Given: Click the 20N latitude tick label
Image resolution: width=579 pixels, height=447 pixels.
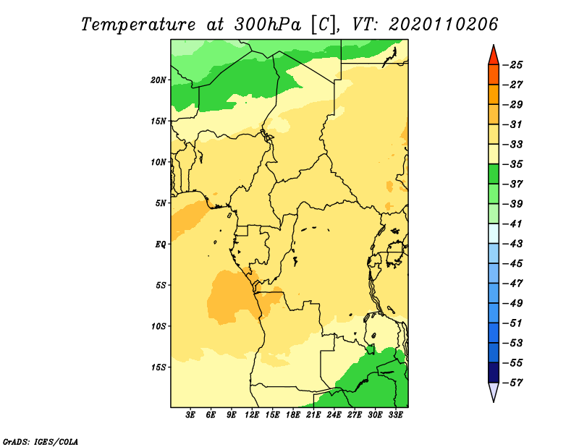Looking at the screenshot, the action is tap(159, 80).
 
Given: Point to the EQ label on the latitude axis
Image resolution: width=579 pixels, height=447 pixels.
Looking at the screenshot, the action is tap(161, 244).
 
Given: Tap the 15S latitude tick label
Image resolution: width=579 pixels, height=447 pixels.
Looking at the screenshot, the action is tap(159, 367).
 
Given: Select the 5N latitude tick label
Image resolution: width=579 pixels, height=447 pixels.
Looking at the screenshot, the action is tap(161, 203).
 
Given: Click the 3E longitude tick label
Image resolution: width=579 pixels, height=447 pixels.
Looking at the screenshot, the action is tap(190, 415).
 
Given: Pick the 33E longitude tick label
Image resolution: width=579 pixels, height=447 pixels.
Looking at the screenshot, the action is tap(395, 415).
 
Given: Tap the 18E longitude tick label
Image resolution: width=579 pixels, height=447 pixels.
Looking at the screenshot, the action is tap(293, 415).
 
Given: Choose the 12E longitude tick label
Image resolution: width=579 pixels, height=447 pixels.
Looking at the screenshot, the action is tap(252, 415).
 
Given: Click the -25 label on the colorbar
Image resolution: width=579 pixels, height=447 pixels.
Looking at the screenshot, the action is tap(512, 65).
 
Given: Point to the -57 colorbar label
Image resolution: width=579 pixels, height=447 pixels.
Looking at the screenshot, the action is tap(512, 383).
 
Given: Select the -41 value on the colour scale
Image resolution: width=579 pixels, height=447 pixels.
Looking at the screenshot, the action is tap(512, 224).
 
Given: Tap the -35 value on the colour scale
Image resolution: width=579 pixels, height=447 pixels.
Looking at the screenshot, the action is tap(512, 164).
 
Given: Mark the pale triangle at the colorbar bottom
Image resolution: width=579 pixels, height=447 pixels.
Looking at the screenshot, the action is tap(494, 391).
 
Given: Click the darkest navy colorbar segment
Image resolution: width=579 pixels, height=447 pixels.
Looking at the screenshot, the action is tap(494, 372).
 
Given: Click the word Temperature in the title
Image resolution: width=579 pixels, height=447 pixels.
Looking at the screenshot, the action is tap(138, 25).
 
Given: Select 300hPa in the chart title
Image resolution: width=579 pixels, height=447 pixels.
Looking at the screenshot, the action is tap(268, 25).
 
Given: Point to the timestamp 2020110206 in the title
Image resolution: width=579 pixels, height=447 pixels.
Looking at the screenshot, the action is tap(443, 25).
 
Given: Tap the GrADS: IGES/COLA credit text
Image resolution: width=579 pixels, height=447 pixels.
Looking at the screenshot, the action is tap(41, 441).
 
